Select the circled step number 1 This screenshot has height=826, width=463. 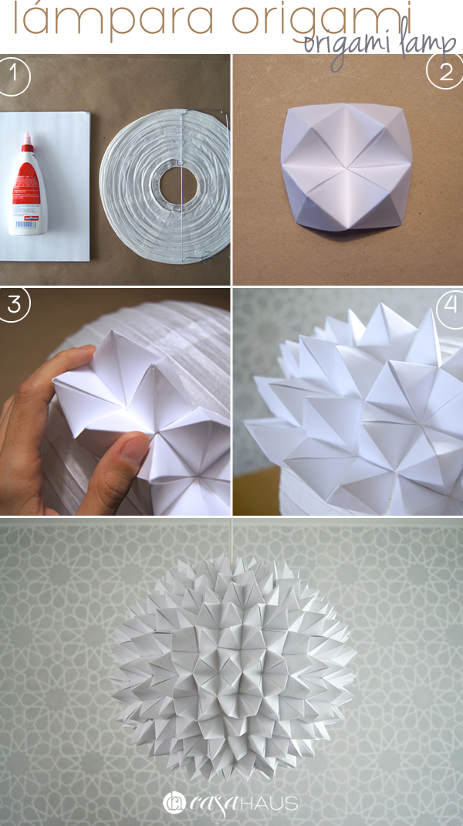(x=12, y=76)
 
